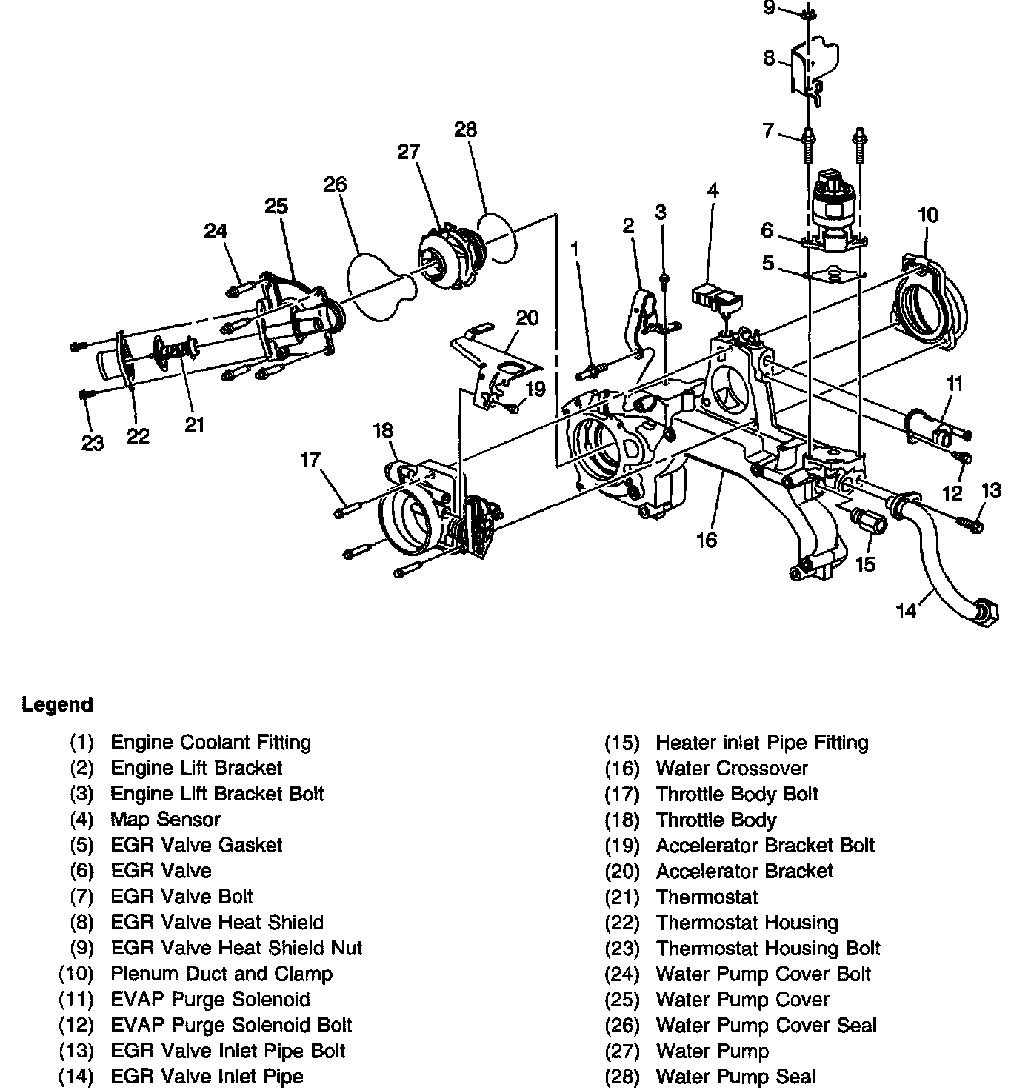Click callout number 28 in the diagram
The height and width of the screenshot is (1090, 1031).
[x=465, y=130]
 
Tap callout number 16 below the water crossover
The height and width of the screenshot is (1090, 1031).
[x=707, y=540]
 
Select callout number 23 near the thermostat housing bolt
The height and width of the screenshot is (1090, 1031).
[x=93, y=443]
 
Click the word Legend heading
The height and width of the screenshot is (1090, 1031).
[x=57, y=704]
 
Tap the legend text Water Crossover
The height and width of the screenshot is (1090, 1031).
[x=731, y=768]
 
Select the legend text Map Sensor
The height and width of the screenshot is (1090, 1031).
[x=165, y=819]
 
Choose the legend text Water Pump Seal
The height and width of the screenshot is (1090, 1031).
[x=735, y=1076]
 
